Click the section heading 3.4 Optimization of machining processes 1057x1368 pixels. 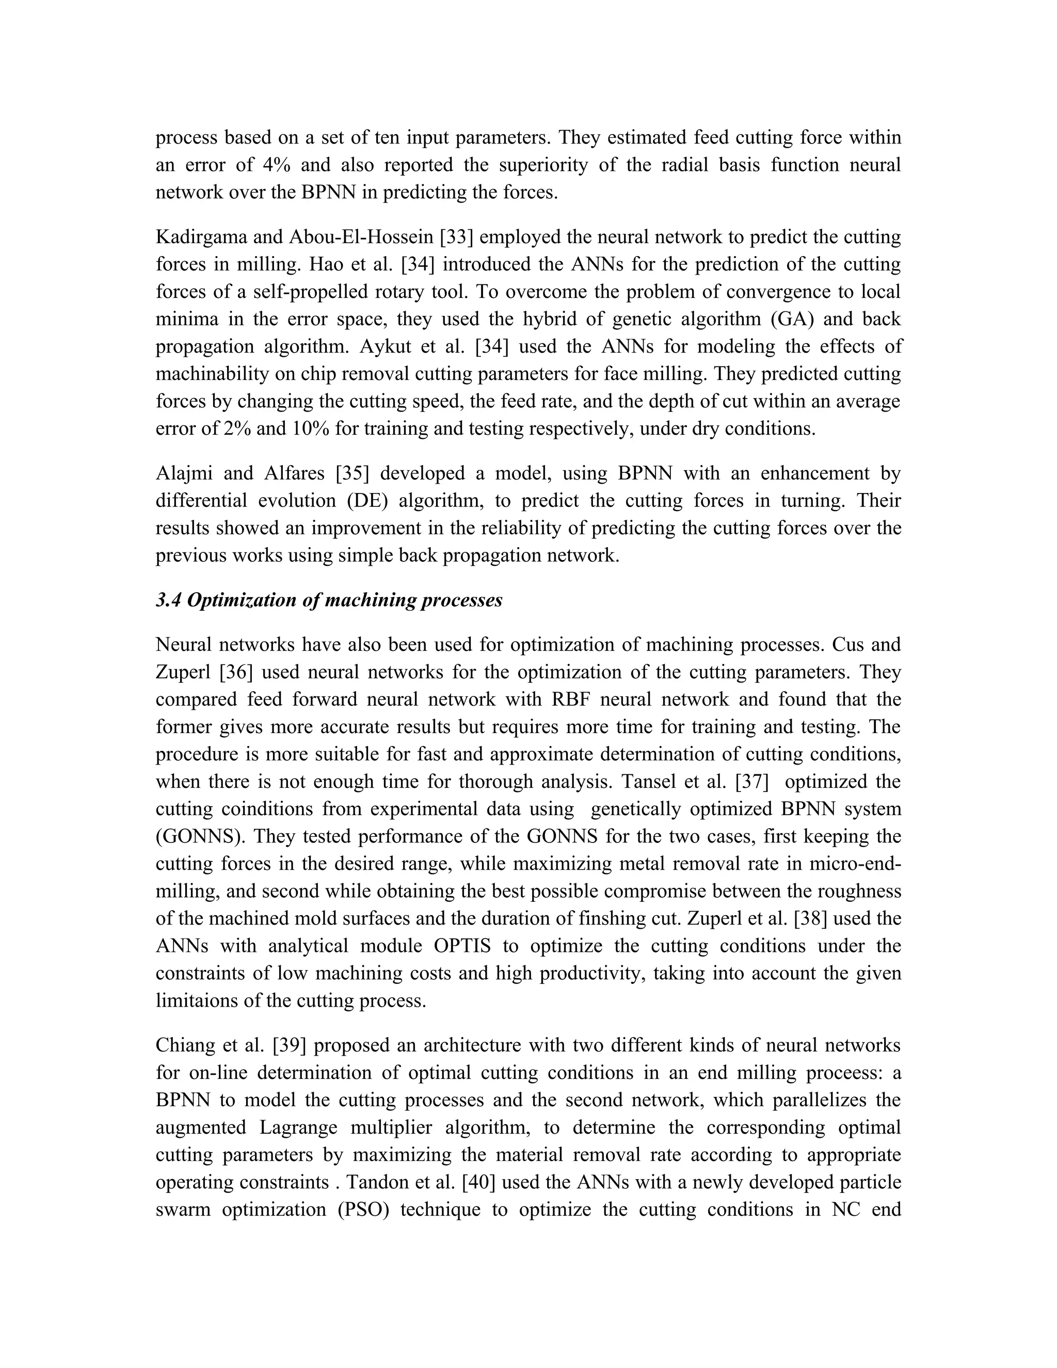(329, 600)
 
